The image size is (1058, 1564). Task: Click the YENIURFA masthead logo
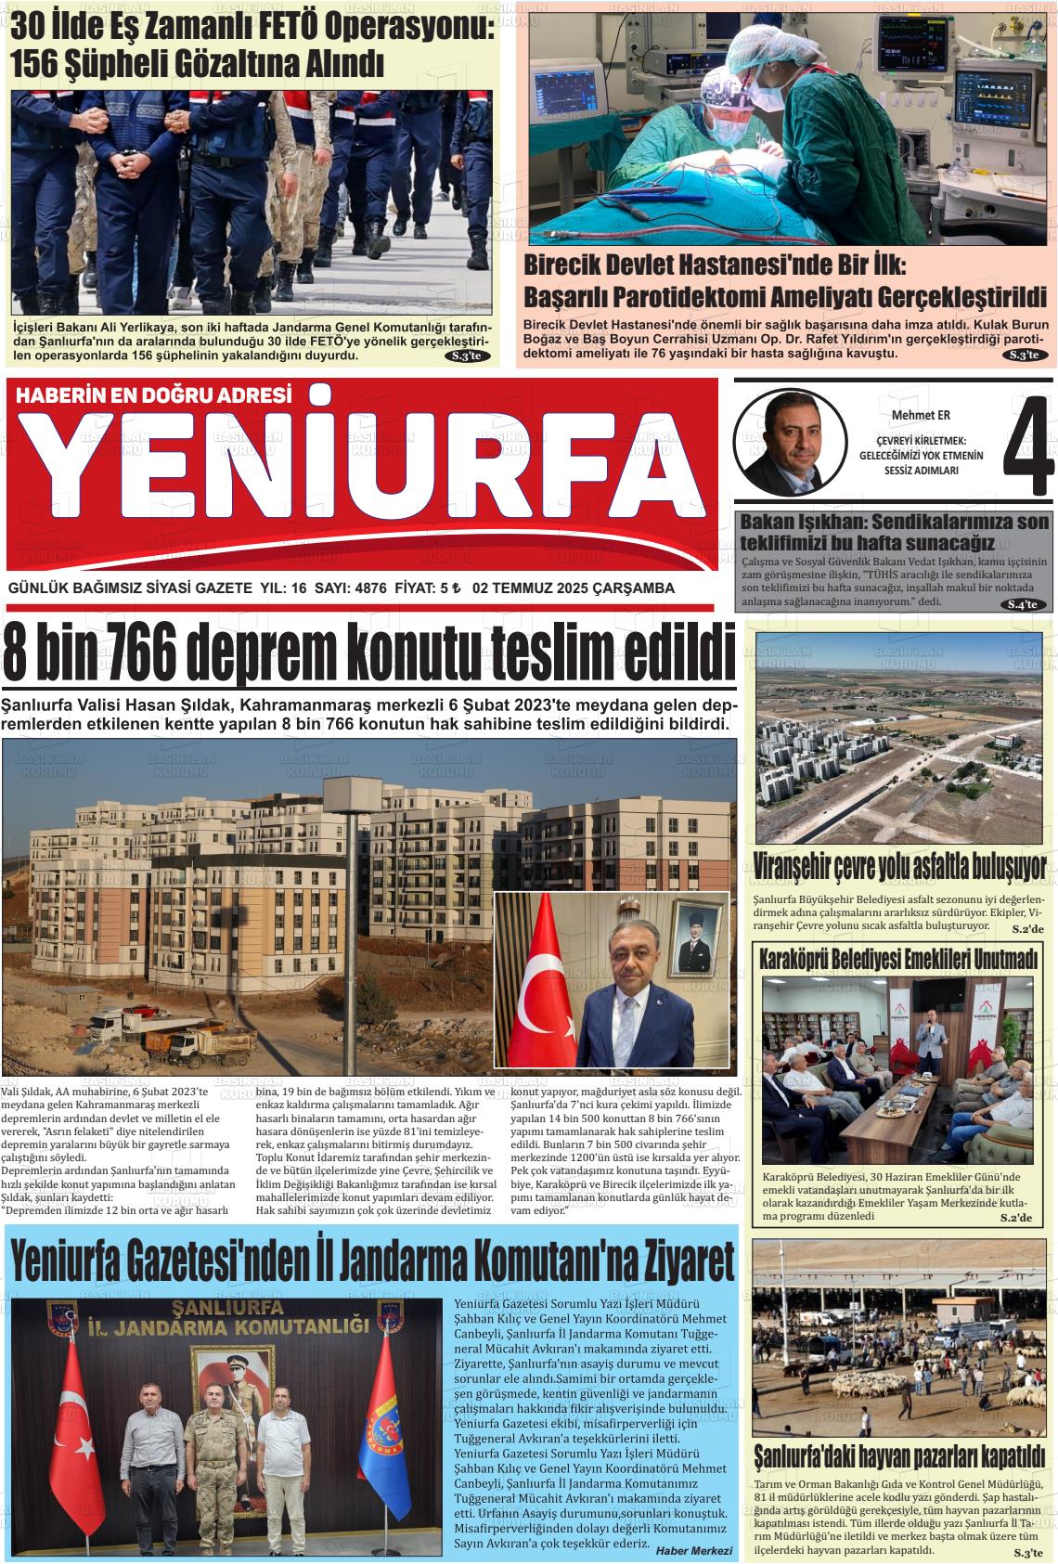click(362, 474)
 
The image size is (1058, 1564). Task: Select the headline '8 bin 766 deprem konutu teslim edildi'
click(369, 653)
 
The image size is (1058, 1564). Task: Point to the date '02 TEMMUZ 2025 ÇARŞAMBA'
click(573, 588)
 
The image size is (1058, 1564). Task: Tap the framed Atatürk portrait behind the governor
click(697, 939)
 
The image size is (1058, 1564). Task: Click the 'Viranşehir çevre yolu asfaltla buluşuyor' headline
click(900, 867)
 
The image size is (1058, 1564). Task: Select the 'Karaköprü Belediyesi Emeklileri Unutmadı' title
click(898, 960)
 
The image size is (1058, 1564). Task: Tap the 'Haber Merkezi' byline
click(693, 1550)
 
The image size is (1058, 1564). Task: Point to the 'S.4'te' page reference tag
click(1026, 604)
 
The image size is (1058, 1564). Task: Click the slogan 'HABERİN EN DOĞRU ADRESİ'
click(154, 395)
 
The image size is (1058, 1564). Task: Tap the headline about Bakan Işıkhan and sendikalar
click(894, 532)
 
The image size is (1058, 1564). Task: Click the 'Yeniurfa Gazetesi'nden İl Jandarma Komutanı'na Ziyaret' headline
click(372, 1261)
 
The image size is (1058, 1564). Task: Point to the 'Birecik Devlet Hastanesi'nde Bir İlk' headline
click(715, 265)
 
